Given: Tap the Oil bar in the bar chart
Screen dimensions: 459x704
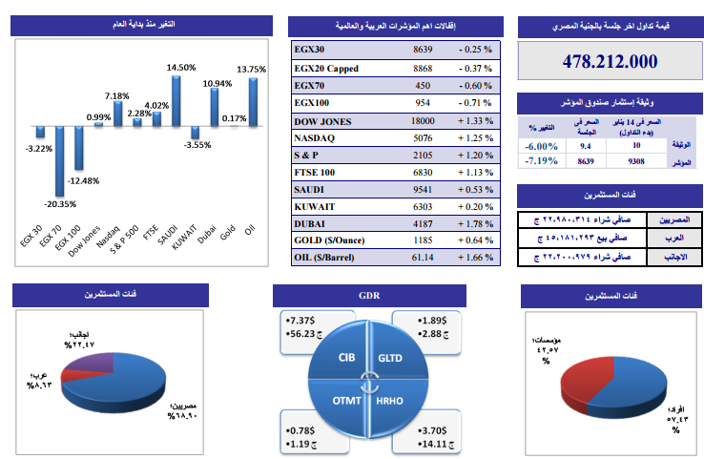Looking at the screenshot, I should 253,101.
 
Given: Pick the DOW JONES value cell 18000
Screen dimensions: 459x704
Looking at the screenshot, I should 423,121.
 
